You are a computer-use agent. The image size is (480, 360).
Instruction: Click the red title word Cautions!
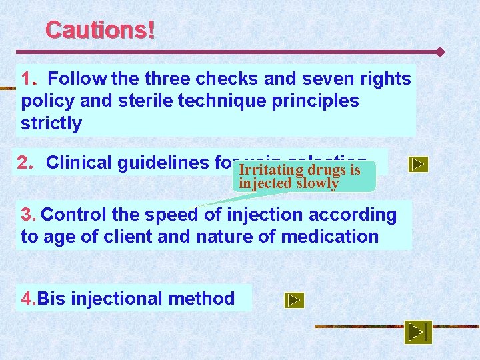tap(100, 30)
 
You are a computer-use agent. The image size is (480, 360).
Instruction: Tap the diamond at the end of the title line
tap(439, 51)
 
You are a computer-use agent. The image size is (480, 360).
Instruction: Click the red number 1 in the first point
tap(27, 79)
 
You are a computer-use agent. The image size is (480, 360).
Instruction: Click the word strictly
tap(51, 123)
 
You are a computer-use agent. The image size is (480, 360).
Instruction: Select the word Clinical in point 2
tap(80, 163)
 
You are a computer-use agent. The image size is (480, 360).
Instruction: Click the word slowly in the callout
tap(319, 183)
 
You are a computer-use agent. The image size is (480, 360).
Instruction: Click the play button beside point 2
tap(418, 164)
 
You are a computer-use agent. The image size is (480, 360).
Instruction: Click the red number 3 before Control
tap(27, 215)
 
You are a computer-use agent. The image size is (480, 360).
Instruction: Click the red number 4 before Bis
tap(27, 299)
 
